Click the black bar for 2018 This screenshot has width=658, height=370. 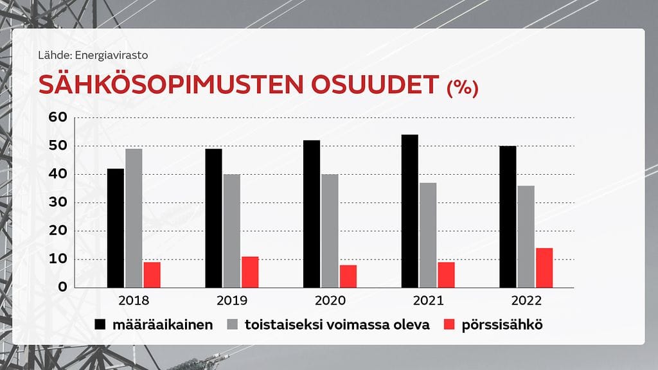click(116, 228)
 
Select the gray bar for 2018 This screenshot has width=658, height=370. click(134, 218)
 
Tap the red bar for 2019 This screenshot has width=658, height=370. click(250, 272)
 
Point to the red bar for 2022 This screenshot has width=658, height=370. click(544, 268)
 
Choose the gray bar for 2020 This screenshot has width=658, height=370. click(330, 231)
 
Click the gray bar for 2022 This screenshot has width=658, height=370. click(526, 237)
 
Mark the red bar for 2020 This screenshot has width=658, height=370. click(348, 276)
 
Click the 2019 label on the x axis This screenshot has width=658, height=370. click(232, 301)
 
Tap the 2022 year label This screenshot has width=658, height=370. click(526, 301)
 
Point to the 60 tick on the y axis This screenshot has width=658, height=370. click(58, 118)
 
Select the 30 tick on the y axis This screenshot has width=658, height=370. click(58, 203)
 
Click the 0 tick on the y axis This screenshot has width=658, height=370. click(62, 287)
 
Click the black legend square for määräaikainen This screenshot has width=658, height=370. click(100, 324)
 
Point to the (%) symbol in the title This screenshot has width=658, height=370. click(462, 88)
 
